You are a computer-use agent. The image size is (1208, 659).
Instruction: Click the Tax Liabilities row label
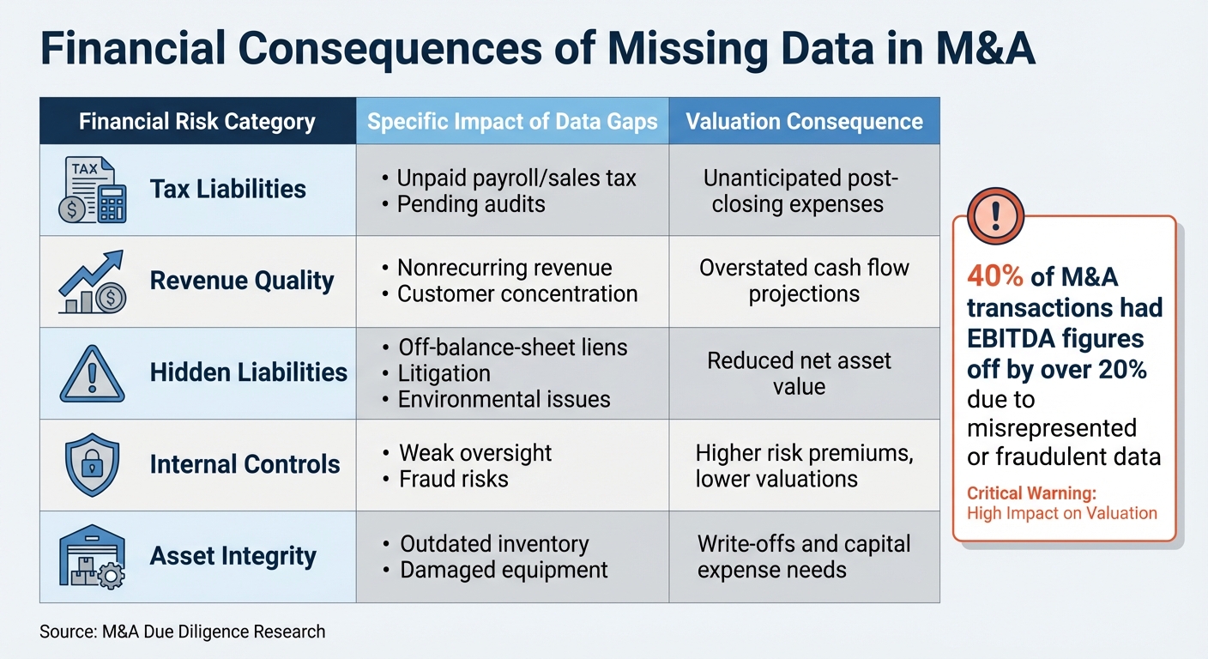(x=227, y=189)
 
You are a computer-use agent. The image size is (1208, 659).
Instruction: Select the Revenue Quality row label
(x=241, y=281)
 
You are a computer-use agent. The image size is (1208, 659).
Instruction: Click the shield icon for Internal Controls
(x=92, y=464)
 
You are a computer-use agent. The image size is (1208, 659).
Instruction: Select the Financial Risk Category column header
(x=197, y=121)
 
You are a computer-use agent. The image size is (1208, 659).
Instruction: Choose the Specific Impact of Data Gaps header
(x=512, y=121)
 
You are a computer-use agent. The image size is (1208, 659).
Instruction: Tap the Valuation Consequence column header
(x=804, y=121)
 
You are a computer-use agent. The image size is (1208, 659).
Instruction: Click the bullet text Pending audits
(x=471, y=204)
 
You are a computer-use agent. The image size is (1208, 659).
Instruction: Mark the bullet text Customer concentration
(x=517, y=294)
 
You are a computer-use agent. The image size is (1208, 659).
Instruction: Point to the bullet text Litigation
(x=444, y=373)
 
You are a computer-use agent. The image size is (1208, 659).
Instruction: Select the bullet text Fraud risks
(x=454, y=479)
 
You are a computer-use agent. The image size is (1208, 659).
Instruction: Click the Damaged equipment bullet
(x=504, y=570)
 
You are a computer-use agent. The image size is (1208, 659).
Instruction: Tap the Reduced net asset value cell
(x=799, y=373)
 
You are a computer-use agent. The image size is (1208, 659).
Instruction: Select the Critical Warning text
(x=1031, y=493)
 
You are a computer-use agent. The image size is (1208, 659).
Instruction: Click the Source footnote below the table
(x=183, y=632)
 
